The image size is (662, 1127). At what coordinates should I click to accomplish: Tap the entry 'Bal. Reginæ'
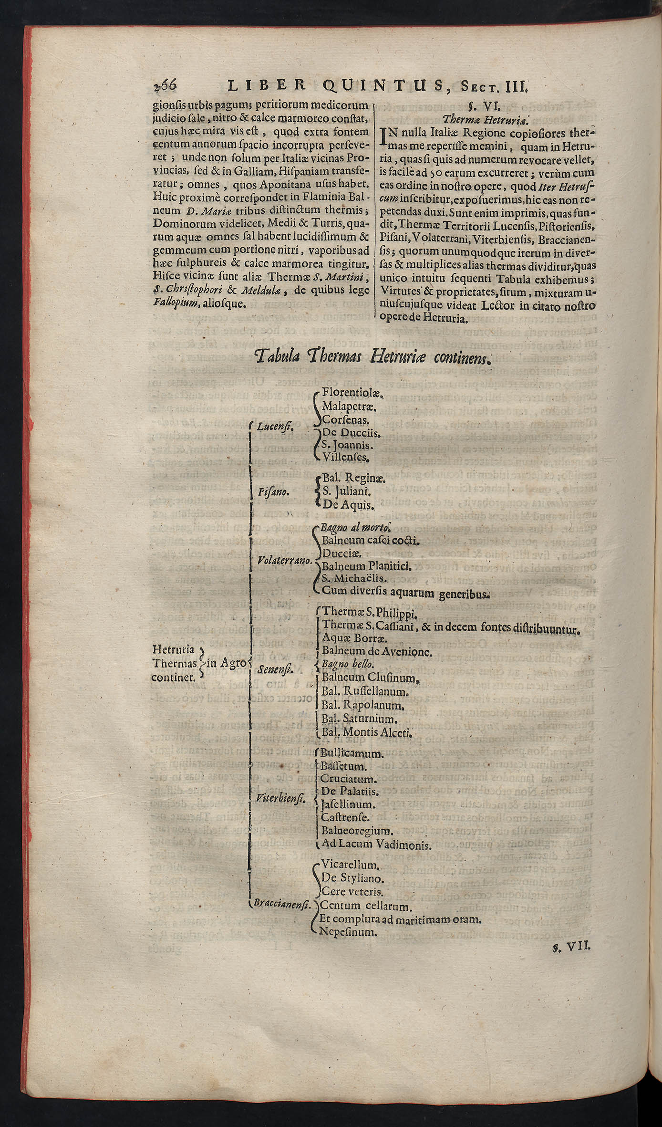coord(354,478)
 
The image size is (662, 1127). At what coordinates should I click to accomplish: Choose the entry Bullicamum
coord(353,754)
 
